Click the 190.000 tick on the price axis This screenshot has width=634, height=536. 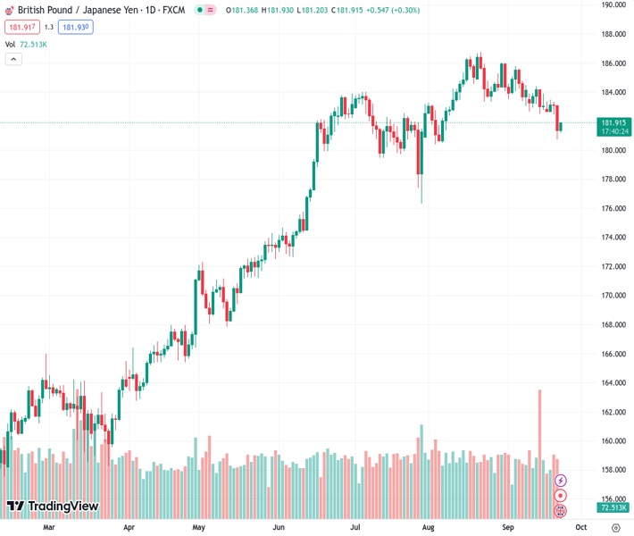pyautogui.click(x=613, y=5)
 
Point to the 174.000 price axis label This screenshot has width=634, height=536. pyautogui.click(x=613, y=238)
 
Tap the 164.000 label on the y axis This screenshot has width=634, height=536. pyautogui.click(x=613, y=383)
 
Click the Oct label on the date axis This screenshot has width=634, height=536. pyautogui.click(x=580, y=527)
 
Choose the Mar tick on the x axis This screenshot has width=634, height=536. pyautogui.click(x=49, y=527)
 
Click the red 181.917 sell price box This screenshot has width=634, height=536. pyautogui.click(x=21, y=28)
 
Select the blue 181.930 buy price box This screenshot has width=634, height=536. pyautogui.click(x=76, y=28)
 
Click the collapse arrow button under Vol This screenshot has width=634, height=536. pyautogui.click(x=13, y=59)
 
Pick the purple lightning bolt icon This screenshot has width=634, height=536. pyautogui.click(x=560, y=481)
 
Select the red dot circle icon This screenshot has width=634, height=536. pyautogui.click(x=560, y=495)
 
